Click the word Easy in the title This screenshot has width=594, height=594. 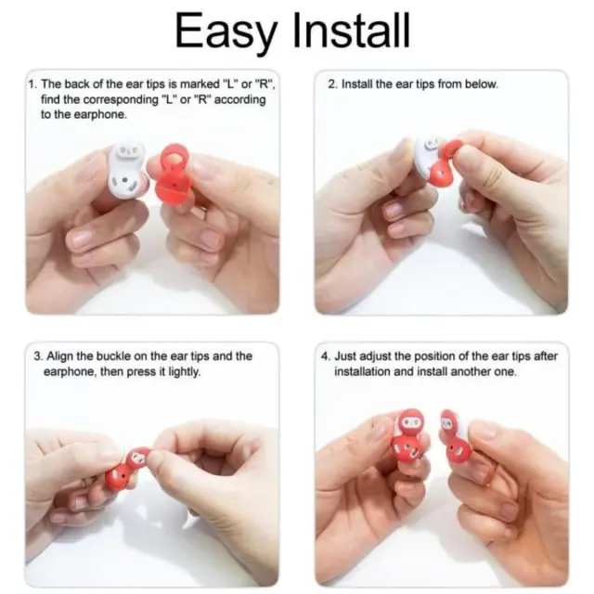(226, 32)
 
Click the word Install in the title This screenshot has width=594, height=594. (352, 30)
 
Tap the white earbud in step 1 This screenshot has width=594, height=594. (128, 170)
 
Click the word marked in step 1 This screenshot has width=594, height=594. (200, 84)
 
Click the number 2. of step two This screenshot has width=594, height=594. (332, 84)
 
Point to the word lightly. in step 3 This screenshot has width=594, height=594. (184, 372)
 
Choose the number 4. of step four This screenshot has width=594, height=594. (327, 356)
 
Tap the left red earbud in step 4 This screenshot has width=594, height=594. (408, 435)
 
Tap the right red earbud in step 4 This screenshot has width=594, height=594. (455, 438)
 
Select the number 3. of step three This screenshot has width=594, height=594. (39, 356)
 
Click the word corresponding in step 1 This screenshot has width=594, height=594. (120, 99)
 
